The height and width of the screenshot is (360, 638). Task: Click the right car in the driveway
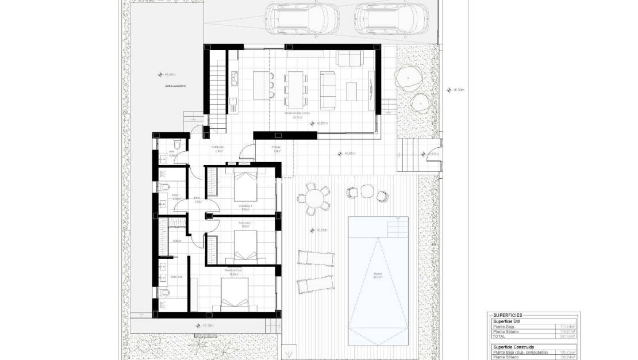pos(387,17)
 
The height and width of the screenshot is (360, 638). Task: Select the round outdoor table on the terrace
pos(314,198)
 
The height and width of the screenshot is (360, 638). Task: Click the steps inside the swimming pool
pos(397,227)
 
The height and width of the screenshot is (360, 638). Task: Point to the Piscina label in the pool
pos(378,274)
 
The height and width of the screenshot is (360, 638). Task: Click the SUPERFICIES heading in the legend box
pos(508,315)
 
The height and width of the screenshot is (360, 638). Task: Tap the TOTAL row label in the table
pos(501,336)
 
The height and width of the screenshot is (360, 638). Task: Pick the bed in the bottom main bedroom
pos(235,296)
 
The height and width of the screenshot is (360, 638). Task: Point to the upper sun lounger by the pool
pos(315,258)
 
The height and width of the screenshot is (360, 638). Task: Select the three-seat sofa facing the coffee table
pos(329,90)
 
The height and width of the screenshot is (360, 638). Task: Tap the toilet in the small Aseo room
pos(179,145)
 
